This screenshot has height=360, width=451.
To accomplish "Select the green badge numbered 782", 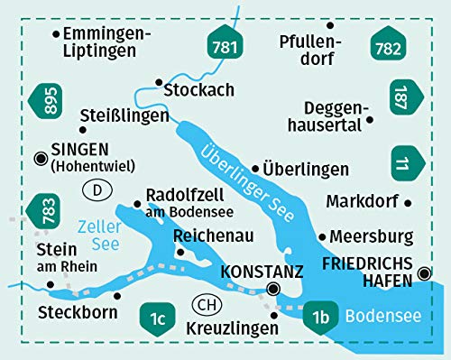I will click(x=390, y=45).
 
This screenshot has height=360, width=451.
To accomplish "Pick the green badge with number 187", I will click(x=402, y=98).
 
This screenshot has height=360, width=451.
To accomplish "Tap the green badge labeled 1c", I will click(x=159, y=318).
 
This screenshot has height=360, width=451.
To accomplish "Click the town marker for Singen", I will click(x=41, y=158).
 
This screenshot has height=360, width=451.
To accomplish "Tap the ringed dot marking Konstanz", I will click(x=274, y=290).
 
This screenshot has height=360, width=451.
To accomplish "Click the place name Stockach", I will click(x=199, y=90).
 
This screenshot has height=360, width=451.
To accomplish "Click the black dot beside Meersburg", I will click(x=322, y=235).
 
